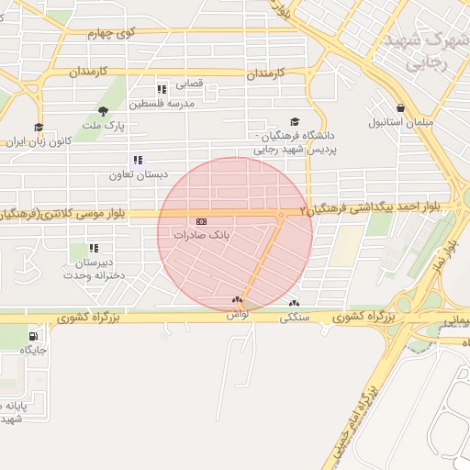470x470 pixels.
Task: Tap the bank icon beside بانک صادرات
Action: tap(201, 221)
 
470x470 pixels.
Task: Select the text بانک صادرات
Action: tap(200, 236)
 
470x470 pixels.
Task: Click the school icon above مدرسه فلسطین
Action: tap(162, 90)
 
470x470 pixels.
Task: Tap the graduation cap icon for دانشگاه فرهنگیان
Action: tap(295, 122)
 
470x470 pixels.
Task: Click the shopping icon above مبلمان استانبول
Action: tap(400, 107)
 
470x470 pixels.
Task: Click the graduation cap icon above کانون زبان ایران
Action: tap(39, 128)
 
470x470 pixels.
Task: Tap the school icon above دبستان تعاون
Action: tap(138, 160)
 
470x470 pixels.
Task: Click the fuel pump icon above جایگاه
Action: tap(34, 336)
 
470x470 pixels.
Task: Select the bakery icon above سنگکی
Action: tap(294, 304)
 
